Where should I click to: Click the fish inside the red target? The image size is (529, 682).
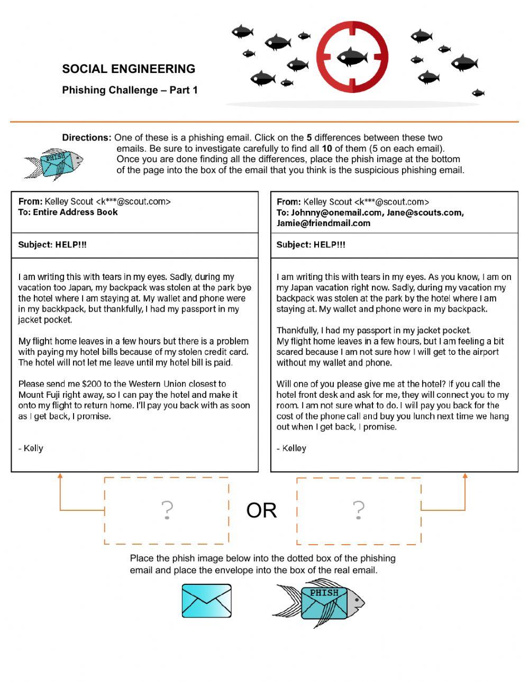(352, 56)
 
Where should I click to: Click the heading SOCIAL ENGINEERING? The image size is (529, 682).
(129, 69)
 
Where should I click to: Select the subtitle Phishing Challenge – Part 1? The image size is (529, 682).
(130, 90)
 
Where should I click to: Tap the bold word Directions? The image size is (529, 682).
(87, 137)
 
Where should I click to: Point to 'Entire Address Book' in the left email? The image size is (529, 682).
(75, 212)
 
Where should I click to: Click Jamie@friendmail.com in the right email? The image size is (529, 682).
(323, 223)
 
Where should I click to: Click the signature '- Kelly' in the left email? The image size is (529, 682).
(31, 448)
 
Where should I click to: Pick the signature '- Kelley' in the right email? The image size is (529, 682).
(291, 448)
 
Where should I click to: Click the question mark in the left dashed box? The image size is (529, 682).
(167, 510)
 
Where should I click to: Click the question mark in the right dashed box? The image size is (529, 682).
(359, 510)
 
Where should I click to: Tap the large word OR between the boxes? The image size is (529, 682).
(261, 510)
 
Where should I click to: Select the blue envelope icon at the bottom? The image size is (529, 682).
(206, 601)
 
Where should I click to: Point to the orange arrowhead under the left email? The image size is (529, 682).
(60, 475)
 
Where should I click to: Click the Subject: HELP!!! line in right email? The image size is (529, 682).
(311, 245)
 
